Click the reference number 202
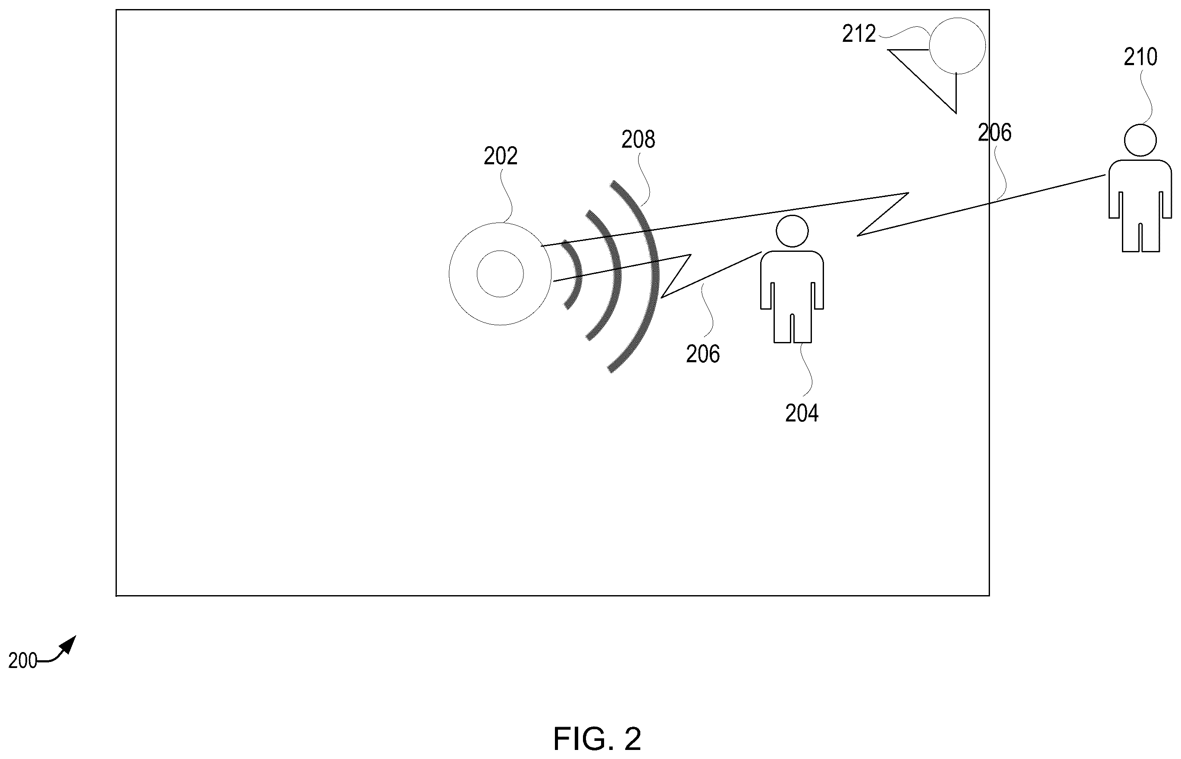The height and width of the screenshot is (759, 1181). pyautogui.click(x=500, y=156)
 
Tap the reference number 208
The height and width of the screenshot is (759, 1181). pyautogui.click(x=638, y=140)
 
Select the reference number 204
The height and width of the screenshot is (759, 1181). pyautogui.click(x=802, y=414)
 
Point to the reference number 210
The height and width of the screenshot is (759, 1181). pyautogui.click(x=1140, y=57)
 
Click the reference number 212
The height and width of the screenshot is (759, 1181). pyautogui.click(x=859, y=34)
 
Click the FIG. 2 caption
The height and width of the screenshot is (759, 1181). pyautogui.click(x=597, y=739)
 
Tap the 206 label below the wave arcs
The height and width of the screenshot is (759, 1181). pyautogui.click(x=702, y=354)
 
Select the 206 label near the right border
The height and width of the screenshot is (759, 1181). pyautogui.click(x=994, y=133)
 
